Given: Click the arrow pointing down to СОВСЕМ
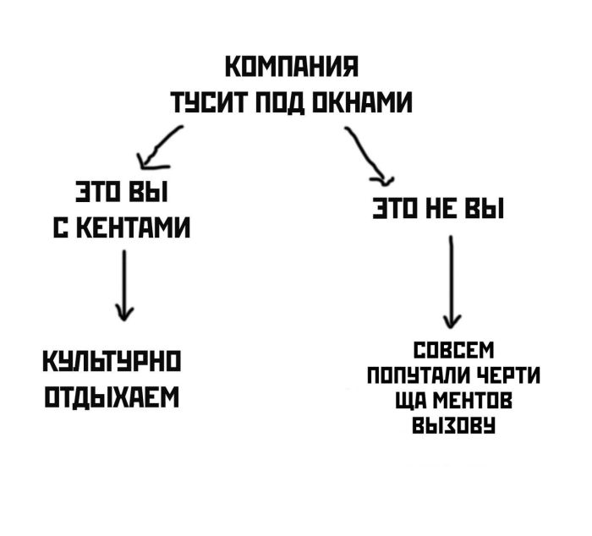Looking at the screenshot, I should (x=452, y=282).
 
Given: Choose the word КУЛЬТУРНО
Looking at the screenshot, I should (x=114, y=364).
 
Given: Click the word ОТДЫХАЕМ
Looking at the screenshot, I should (x=113, y=397).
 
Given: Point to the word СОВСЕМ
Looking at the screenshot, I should (x=452, y=351).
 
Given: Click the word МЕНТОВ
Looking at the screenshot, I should (x=468, y=398).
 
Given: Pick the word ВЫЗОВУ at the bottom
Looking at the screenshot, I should (x=452, y=422).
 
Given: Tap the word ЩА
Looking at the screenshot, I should (x=407, y=398).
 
